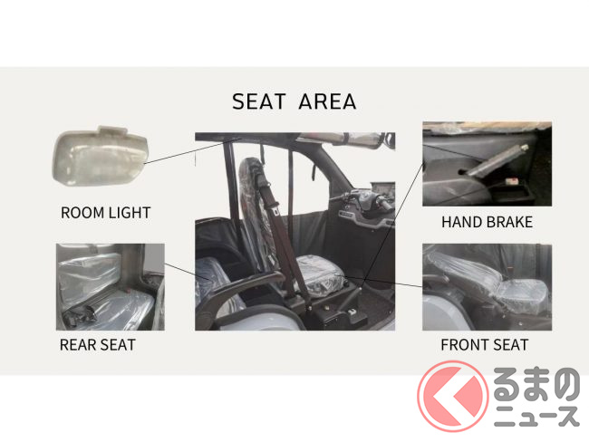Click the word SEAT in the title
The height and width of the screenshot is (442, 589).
click(x=259, y=101)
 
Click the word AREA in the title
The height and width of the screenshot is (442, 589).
click(x=327, y=101)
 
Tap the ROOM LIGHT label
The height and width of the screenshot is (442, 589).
click(x=105, y=213)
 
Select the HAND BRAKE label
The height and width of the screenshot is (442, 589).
click(x=487, y=222)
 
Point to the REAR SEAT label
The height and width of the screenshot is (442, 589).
click(x=97, y=345)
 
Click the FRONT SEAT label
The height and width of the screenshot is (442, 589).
click(x=485, y=345)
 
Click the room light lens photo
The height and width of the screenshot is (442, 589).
click(x=101, y=157)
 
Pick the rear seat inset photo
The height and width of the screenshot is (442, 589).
click(x=110, y=287)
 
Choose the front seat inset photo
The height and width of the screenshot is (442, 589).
click(x=487, y=287)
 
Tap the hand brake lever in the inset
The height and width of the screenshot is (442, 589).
click(x=496, y=160)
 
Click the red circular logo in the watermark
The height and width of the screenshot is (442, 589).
click(x=453, y=396)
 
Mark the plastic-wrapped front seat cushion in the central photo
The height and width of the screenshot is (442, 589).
click(x=319, y=276)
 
